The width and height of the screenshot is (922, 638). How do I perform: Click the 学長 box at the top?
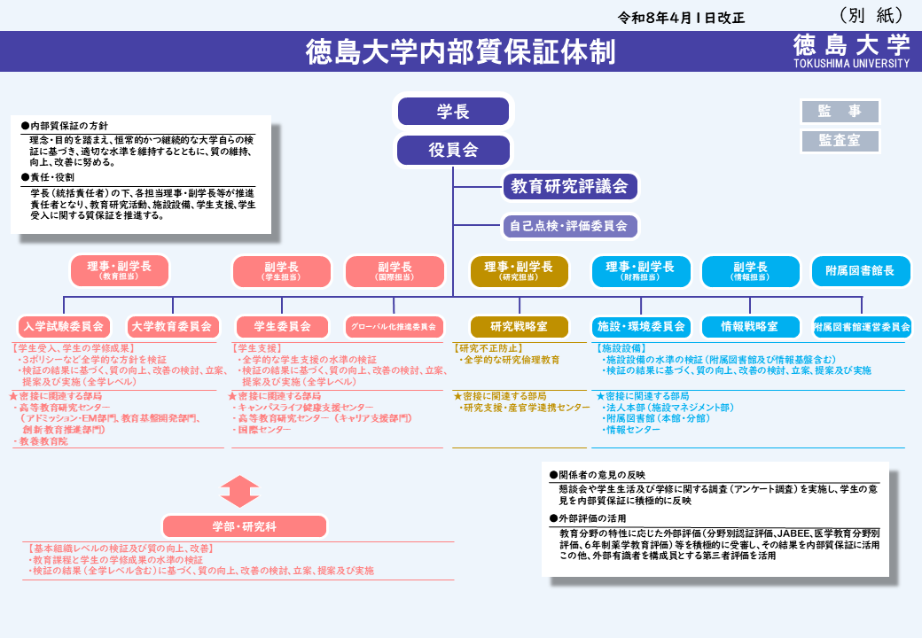(x=453, y=112)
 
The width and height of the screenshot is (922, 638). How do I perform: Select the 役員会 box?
(x=453, y=150)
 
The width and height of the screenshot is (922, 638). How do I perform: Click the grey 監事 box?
(x=840, y=112)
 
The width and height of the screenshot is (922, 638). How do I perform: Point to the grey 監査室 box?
(x=840, y=141)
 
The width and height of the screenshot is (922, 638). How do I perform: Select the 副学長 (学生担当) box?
(x=281, y=271)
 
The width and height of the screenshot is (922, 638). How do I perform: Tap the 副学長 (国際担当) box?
(x=394, y=271)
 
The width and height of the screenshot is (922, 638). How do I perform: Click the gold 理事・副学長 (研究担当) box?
(x=519, y=271)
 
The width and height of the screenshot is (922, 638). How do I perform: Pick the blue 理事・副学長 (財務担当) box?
(x=640, y=271)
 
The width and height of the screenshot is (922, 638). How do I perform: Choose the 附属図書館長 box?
(x=861, y=271)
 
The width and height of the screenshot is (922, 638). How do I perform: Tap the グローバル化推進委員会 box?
(x=394, y=326)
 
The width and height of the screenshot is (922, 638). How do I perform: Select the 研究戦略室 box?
(x=519, y=326)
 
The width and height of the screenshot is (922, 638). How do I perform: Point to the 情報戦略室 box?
(x=749, y=326)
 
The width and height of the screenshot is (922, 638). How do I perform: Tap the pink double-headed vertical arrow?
(x=240, y=491)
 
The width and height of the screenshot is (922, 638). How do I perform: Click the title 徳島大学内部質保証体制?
(x=460, y=52)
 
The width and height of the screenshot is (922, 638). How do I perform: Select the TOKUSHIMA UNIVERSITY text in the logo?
(x=851, y=64)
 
